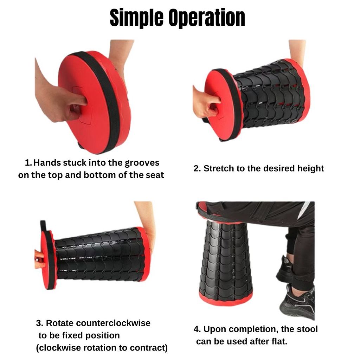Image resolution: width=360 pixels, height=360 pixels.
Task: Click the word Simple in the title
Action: tap(136, 18)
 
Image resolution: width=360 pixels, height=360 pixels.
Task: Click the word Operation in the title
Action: tap(207, 18)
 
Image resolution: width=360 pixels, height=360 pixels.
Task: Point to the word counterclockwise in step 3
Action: tap(113, 323)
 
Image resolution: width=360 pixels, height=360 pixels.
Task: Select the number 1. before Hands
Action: tap(28, 163)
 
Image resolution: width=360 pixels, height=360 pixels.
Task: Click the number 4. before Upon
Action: tap(197, 329)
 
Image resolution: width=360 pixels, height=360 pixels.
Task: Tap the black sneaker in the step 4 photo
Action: tap(297, 303)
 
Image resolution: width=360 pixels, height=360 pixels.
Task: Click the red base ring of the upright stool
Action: tap(226, 300)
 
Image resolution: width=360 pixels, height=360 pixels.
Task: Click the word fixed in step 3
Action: tap(73, 335)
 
